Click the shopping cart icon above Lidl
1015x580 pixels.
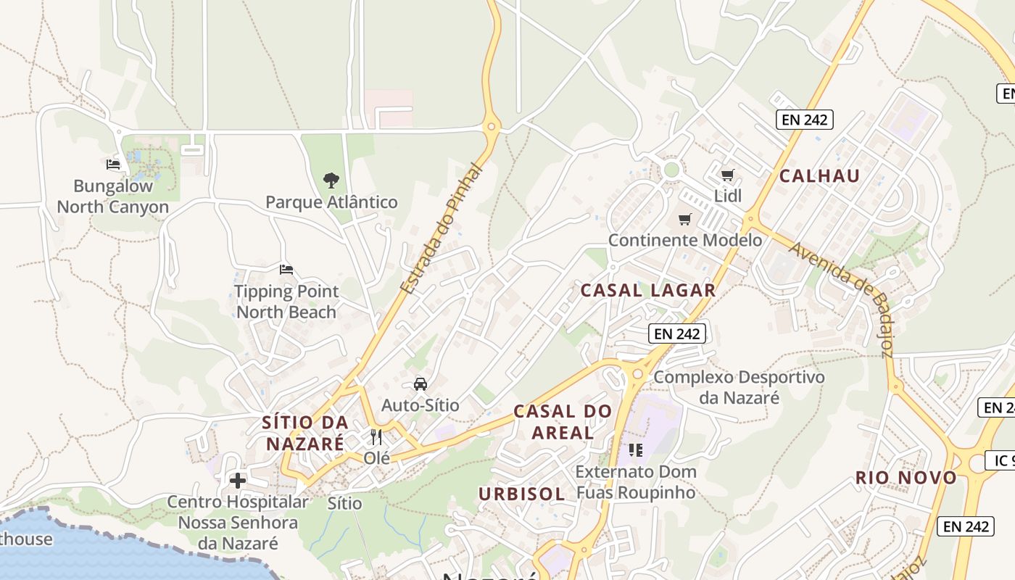point(728,175)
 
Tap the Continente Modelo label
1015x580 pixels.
point(685,240)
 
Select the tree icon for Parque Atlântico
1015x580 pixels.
point(331,180)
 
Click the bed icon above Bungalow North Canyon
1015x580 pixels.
point(112,165)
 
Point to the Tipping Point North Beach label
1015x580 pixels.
point(286,302)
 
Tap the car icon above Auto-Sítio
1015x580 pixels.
point(420,384)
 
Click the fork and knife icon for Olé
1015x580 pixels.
point(376,436)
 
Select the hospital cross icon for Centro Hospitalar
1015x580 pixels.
point(238,480)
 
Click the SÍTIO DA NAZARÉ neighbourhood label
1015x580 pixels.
point(305,433)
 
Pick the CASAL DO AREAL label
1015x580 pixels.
point(563,422)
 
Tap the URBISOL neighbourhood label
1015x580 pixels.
point(521,494)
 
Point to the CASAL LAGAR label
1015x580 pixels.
point(648,291)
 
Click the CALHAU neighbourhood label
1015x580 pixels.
point(819,176)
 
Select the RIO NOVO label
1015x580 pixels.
point(906,478)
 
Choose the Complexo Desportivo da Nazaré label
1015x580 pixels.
point(739,387)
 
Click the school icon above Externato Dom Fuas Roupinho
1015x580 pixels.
point(636,450)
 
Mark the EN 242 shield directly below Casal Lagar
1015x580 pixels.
point(676,333)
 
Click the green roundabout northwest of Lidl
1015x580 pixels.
point(672,170)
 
